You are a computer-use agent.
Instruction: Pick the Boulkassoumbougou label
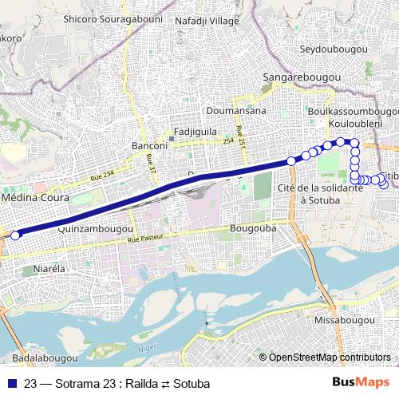(x=352, y=113)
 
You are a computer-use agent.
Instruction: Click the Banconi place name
(x=148, y=147)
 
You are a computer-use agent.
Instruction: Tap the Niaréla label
(x=49, y=270)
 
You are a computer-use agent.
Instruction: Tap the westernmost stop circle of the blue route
(x=14, y=235)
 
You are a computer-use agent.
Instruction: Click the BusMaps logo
(x=361, y=384)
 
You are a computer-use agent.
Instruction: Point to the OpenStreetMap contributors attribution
(x=329, y=358)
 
